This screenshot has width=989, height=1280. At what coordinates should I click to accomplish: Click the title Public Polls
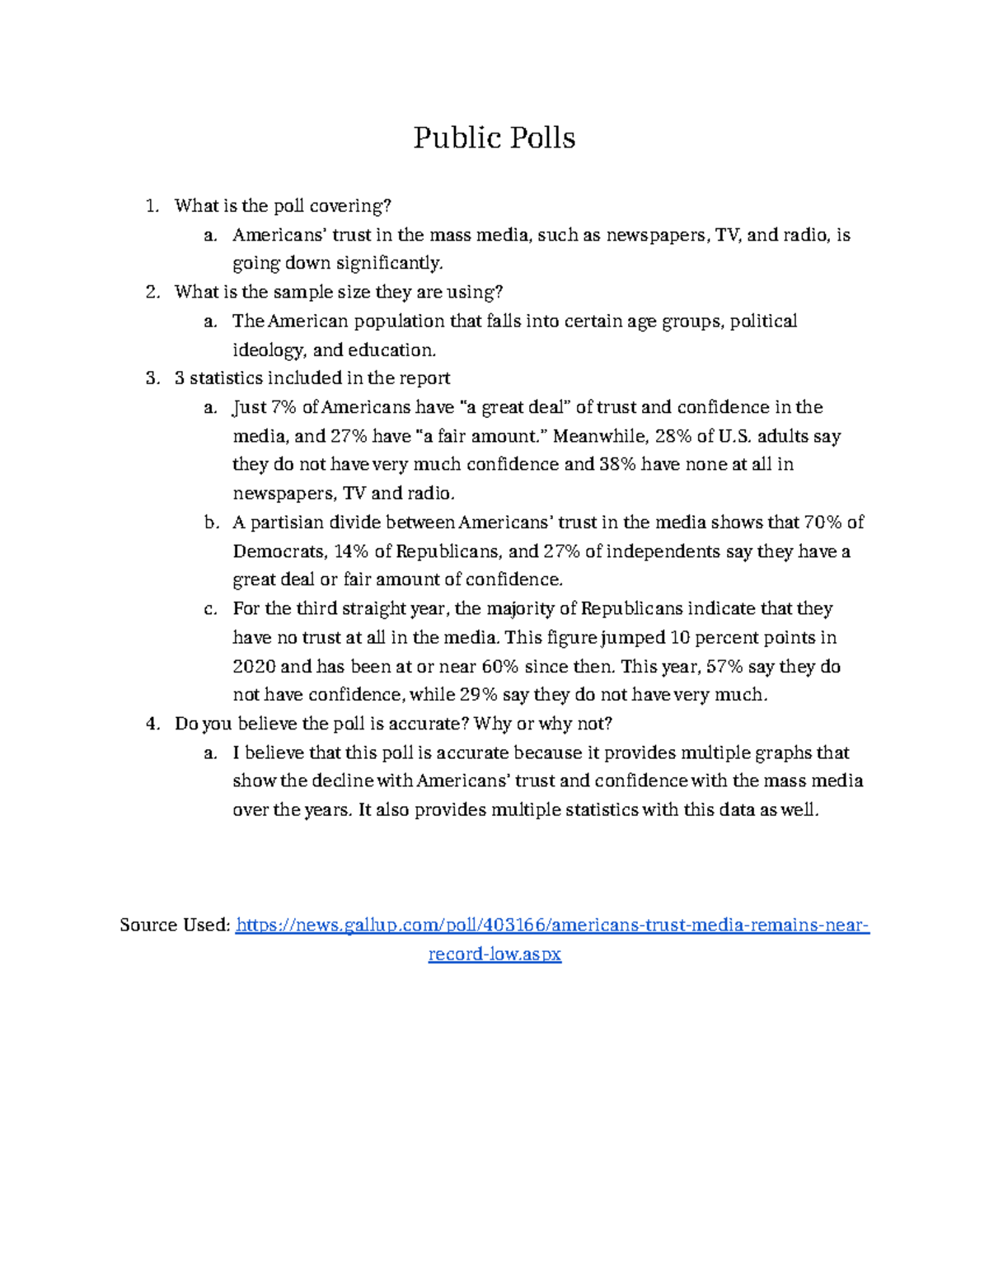click(x=494, y=138)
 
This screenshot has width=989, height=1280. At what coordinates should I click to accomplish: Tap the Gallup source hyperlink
click(x=552, y=926)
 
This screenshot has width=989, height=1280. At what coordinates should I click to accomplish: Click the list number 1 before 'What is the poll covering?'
click(x=151, y=206)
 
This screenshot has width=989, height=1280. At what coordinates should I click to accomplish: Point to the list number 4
click(x=151, y=724)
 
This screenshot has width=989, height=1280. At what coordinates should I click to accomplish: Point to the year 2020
click(x=255, y=667)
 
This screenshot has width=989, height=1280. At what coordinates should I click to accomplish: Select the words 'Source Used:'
click(x=174, y=926)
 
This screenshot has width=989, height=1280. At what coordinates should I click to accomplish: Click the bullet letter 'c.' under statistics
click(x=210, y=609)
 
